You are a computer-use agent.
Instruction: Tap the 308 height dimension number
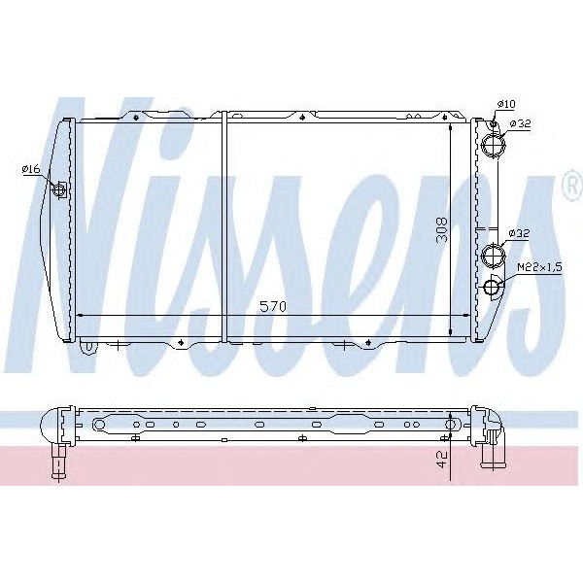tap(442, 229)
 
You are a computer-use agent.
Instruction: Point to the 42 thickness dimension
tap(442, 460)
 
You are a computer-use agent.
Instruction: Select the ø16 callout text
tap(30, 170)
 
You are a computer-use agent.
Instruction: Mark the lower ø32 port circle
tap(494, 257)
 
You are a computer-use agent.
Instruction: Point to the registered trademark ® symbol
tap(569, 191)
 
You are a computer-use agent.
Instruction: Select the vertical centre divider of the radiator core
tap(224, 228)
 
